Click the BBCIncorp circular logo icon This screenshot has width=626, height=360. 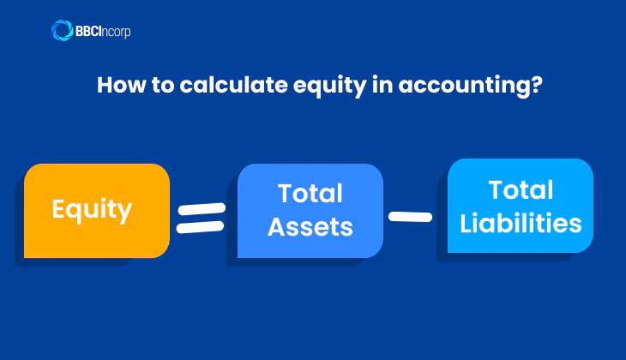63,31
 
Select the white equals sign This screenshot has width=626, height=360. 201,218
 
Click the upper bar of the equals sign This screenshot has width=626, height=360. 201,209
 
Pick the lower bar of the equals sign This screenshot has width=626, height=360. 201,227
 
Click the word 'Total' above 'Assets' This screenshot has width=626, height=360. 310,194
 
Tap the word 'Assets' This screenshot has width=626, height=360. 310,227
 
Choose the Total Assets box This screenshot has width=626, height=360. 310,210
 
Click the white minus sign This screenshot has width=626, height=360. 410,216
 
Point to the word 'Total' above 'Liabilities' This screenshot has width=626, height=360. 521,189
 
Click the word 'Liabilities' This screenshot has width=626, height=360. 521,223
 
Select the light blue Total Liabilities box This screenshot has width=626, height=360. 521,206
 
